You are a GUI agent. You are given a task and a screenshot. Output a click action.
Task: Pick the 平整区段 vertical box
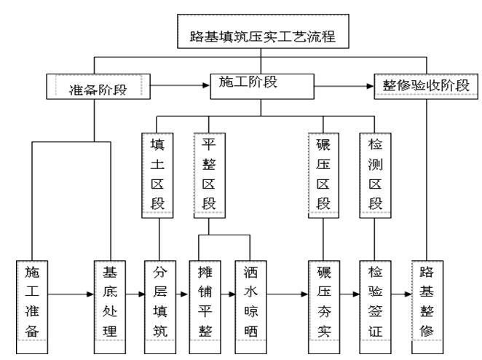tap(208, 173)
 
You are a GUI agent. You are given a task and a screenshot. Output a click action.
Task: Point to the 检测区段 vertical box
tap(375, 173)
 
